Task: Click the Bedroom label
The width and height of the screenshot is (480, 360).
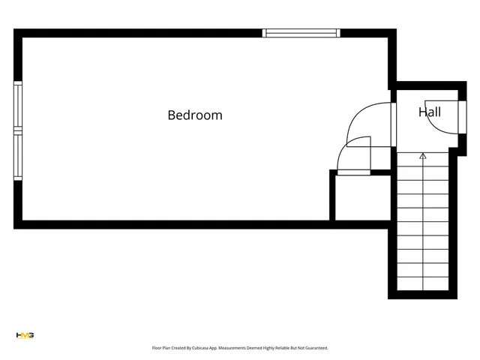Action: coord(195,115)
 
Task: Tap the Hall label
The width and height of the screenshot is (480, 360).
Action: coord(430,112)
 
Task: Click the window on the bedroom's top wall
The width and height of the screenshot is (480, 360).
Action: coord(301,33)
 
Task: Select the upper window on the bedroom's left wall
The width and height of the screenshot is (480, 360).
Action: coord(18,106)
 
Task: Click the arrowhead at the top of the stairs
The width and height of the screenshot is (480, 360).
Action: coord(423,156)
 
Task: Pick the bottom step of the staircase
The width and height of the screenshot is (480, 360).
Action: coord(423,284)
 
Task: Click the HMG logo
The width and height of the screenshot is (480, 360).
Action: coord(25,335)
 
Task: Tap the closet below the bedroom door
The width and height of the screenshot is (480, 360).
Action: coord(361,198)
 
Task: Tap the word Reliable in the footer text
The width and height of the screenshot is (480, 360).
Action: coord(283,348)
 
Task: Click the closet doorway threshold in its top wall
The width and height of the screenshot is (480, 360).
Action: coord(353,172)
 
